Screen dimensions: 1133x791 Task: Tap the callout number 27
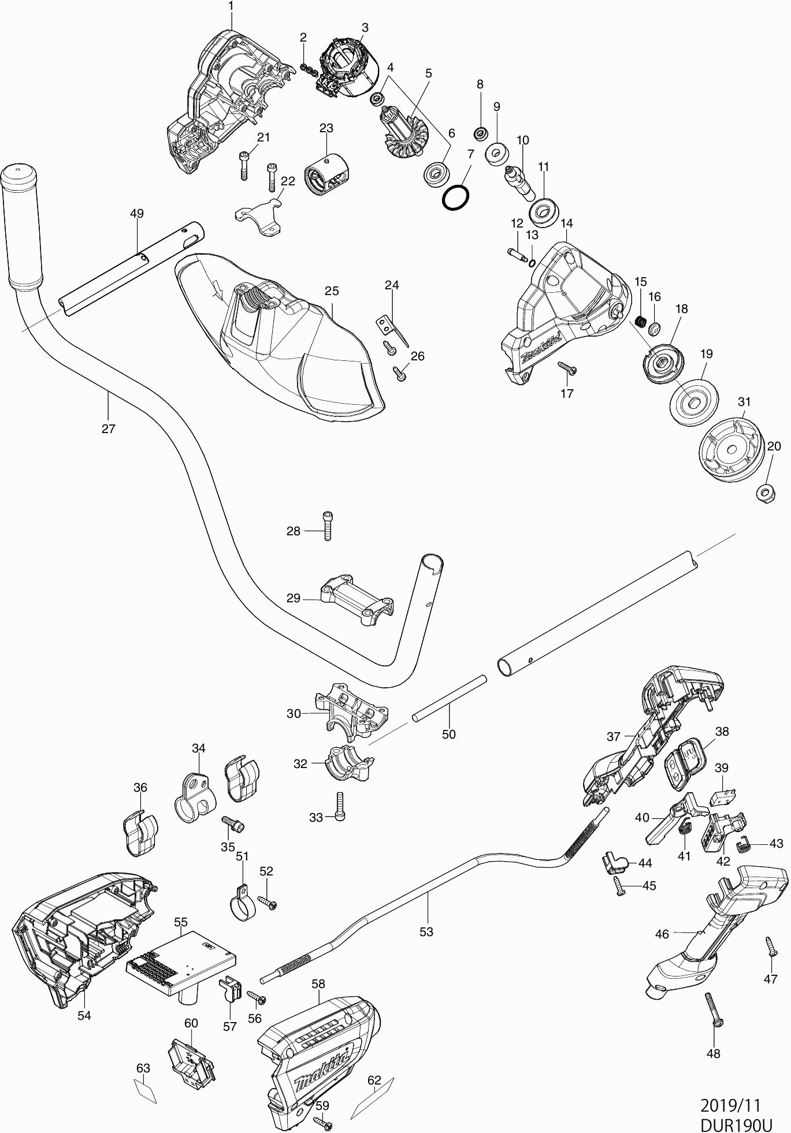click(108, 428)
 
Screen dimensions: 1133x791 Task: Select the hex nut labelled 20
click(766, 493)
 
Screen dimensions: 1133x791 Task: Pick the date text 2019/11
click(730, 1105)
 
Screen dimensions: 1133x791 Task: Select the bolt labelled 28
click(328, 526)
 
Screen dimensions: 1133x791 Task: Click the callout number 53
click(426, 931)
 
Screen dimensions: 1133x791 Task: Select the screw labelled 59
click(323, 1122)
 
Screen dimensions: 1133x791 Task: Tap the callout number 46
click(662, 933)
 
